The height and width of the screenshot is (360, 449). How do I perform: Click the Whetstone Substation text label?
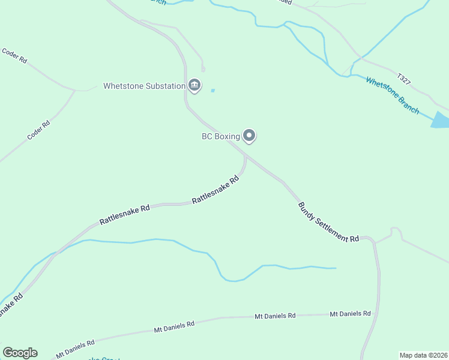coord(144,86)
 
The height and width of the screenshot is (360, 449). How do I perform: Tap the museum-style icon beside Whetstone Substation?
coord(194,86)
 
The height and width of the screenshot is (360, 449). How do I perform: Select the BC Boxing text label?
coord(220,136)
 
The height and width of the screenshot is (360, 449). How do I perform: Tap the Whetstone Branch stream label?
coord(392,95)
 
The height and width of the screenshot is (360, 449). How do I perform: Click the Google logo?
coord(20,353)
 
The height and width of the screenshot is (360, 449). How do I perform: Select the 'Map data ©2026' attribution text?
coord(423,355)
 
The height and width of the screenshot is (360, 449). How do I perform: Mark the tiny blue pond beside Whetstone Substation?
coord(212,91)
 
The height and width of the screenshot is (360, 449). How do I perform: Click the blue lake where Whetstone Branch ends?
coord(441,120)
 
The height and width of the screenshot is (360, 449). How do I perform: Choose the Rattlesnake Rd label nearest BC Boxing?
coord(215,190)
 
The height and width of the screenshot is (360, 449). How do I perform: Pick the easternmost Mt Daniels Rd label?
coord(350,313)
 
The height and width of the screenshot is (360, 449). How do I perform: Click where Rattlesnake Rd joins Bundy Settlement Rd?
coord(246,154)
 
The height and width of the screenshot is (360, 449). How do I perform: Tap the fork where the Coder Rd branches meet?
coord(74,91)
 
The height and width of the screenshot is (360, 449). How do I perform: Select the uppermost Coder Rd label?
coord(15,56)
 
